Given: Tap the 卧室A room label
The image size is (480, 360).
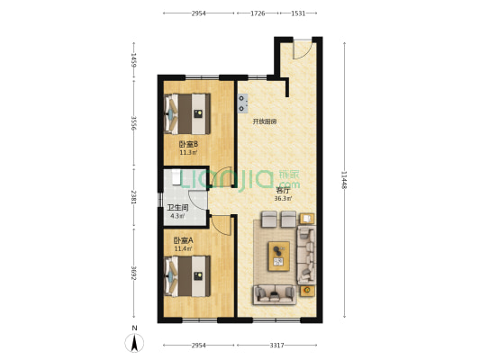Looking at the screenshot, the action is pyautogui.click(x=184, y=240).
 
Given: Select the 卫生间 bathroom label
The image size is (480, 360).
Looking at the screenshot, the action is pyautogui.click(x=177, y=208).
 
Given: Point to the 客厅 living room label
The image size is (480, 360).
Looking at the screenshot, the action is pyautogui.click(x=283, y=191).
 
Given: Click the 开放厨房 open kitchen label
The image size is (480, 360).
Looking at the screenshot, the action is pyautogui.click(x=265, y=121).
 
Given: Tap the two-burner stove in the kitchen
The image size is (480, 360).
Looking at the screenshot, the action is pyautogui.click(x=243, y=103).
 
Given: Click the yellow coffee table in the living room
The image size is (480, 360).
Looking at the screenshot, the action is pyautogui.click(x=279, y=256).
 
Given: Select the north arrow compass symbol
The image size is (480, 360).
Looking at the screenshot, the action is pyautogui.click(x=134, y=343).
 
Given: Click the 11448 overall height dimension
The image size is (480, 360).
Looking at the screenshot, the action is pyautogui.click(x=345, y=179).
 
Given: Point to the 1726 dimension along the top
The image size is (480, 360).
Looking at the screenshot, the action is pyautogui.click(x=258, y=13).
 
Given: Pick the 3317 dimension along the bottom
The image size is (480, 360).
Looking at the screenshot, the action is pyautogui.click(x=276, y=346).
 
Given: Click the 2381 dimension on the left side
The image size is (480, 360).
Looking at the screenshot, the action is pyautogui.click(x=134, y=198).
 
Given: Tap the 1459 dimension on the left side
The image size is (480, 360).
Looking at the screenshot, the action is pyautogui.click(x=134, y=59).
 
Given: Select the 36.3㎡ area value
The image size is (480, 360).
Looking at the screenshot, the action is pyautogui.click(x=283, y=199).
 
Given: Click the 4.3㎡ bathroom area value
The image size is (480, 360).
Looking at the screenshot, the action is pyautogui.click(x=177, y=216).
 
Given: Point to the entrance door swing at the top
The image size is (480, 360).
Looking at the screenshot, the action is pyautogui.click(x=303, y=49).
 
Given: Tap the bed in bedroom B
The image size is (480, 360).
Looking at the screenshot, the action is pyautogui.click(x=187, y=113).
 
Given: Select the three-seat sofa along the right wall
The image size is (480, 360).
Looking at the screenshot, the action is pyautogui.click(x=306, y=255).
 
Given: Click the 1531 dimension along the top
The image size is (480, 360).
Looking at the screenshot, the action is pyautogui.click(x=298, y=13).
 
